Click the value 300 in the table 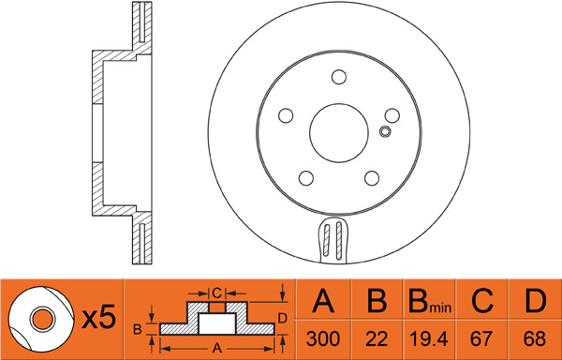click(x=322, y=338)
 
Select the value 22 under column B click(x=377, y=338)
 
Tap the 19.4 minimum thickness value click(x=429, y=338)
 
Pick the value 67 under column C click(x=482, y=338)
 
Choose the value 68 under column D click(x=535, y=338)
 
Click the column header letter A click(x=323, y=301)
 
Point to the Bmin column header click(x=429, y=302)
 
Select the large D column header click(x=535, y=301)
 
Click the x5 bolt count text click(x=99, y=317)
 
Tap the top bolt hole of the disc click(x=339, y=77)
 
